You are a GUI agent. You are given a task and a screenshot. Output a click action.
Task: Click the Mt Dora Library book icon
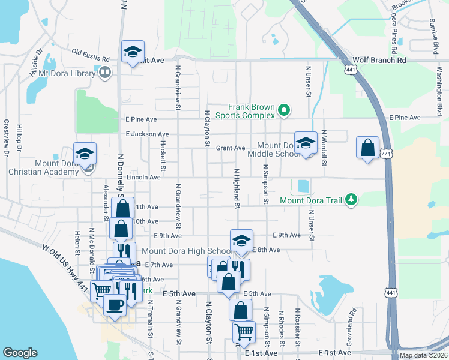point(105,73)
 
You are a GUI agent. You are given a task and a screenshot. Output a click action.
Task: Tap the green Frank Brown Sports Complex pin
point(285,110)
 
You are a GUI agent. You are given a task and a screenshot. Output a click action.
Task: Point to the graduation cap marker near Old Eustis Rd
point(133,52)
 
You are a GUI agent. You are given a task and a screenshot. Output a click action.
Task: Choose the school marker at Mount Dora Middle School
point(306,143)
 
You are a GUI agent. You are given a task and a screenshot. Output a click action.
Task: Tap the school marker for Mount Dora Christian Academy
point(85,154)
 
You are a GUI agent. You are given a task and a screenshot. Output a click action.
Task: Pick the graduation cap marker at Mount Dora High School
point(241,241)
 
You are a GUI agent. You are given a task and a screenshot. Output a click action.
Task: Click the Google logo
point(20,353)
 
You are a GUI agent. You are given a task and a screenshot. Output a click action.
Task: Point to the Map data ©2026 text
point(423,355)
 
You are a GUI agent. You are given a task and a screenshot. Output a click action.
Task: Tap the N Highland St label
point(237,189)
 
